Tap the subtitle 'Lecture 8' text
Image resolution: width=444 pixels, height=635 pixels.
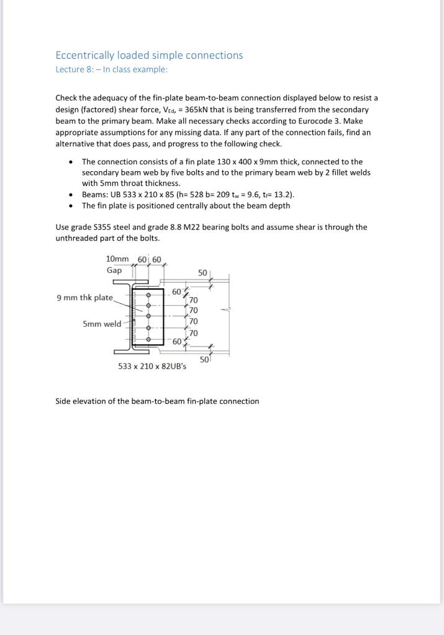[73, 69]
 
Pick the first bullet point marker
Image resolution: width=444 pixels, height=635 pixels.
[72, 161]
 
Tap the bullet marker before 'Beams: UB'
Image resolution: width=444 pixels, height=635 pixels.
[72, 195]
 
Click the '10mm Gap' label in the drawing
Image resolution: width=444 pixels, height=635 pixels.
[116, 264]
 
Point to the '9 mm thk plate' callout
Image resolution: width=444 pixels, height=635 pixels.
[84, 298]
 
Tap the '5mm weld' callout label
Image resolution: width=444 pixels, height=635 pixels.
[102, 324]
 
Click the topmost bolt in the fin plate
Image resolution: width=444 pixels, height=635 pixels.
[148, 295]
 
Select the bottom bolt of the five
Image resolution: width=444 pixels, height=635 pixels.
[148, 339]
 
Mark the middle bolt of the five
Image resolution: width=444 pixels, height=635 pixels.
[148, 317]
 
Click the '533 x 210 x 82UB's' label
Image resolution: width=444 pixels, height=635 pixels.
[152, 366]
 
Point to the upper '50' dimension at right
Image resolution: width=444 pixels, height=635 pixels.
[202, 273]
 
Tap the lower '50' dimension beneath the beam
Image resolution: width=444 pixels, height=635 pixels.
[204, 359]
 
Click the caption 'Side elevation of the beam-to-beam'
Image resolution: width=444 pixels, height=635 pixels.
[157, 401]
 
